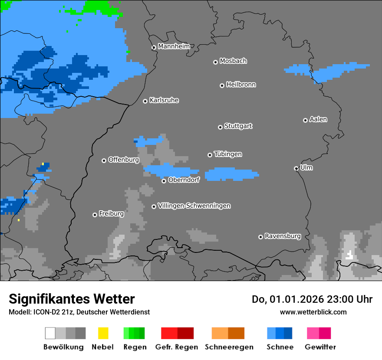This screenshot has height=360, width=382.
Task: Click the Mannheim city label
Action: pyautogui.click(x=174, y=46)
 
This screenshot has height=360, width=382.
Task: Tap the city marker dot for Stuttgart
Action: pyautogui.click(x=220, y=127)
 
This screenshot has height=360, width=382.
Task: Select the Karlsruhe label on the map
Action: pyautogui.click(x=164, y=100)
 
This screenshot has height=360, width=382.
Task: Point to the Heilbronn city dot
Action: pyautogui.click(x=222, y=85)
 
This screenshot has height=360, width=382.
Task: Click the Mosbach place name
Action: pyautogui.click(x=233, y=61)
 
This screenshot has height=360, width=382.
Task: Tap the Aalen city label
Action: pyautogui.click(x=318, y=119)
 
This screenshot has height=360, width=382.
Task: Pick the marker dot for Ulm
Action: pyautogui.click(x=296, y=168)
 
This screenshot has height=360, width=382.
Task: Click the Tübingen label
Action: pyautogui.click(x=228, y=154)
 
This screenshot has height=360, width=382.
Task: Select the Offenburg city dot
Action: pyautogui.click(x=104, y=160)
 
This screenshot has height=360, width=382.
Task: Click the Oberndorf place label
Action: pyautogui.click(x=184, y=180)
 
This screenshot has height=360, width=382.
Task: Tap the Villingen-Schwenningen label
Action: pyautogui.click(x=194, y=206)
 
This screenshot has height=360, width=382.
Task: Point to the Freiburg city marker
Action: pyautogui.click(x=95, y=215)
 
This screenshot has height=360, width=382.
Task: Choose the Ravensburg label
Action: pyautogui.click(x=283, y=236)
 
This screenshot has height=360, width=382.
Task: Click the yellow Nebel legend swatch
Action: pyautogui.click(x=103, y=333)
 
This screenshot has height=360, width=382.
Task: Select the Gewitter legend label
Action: pyautogui.click(x=320, y=347)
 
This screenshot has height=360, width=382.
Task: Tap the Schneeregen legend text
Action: pyautogui.click(x=229, y=347)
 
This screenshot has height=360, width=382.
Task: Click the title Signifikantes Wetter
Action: pyautogui.click(x=72, y=299)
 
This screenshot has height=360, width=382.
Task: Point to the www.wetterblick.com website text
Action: pyautogui.click(x=313, y=312)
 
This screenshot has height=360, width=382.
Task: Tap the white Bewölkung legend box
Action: pyautogui.click(x=50, y=333)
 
